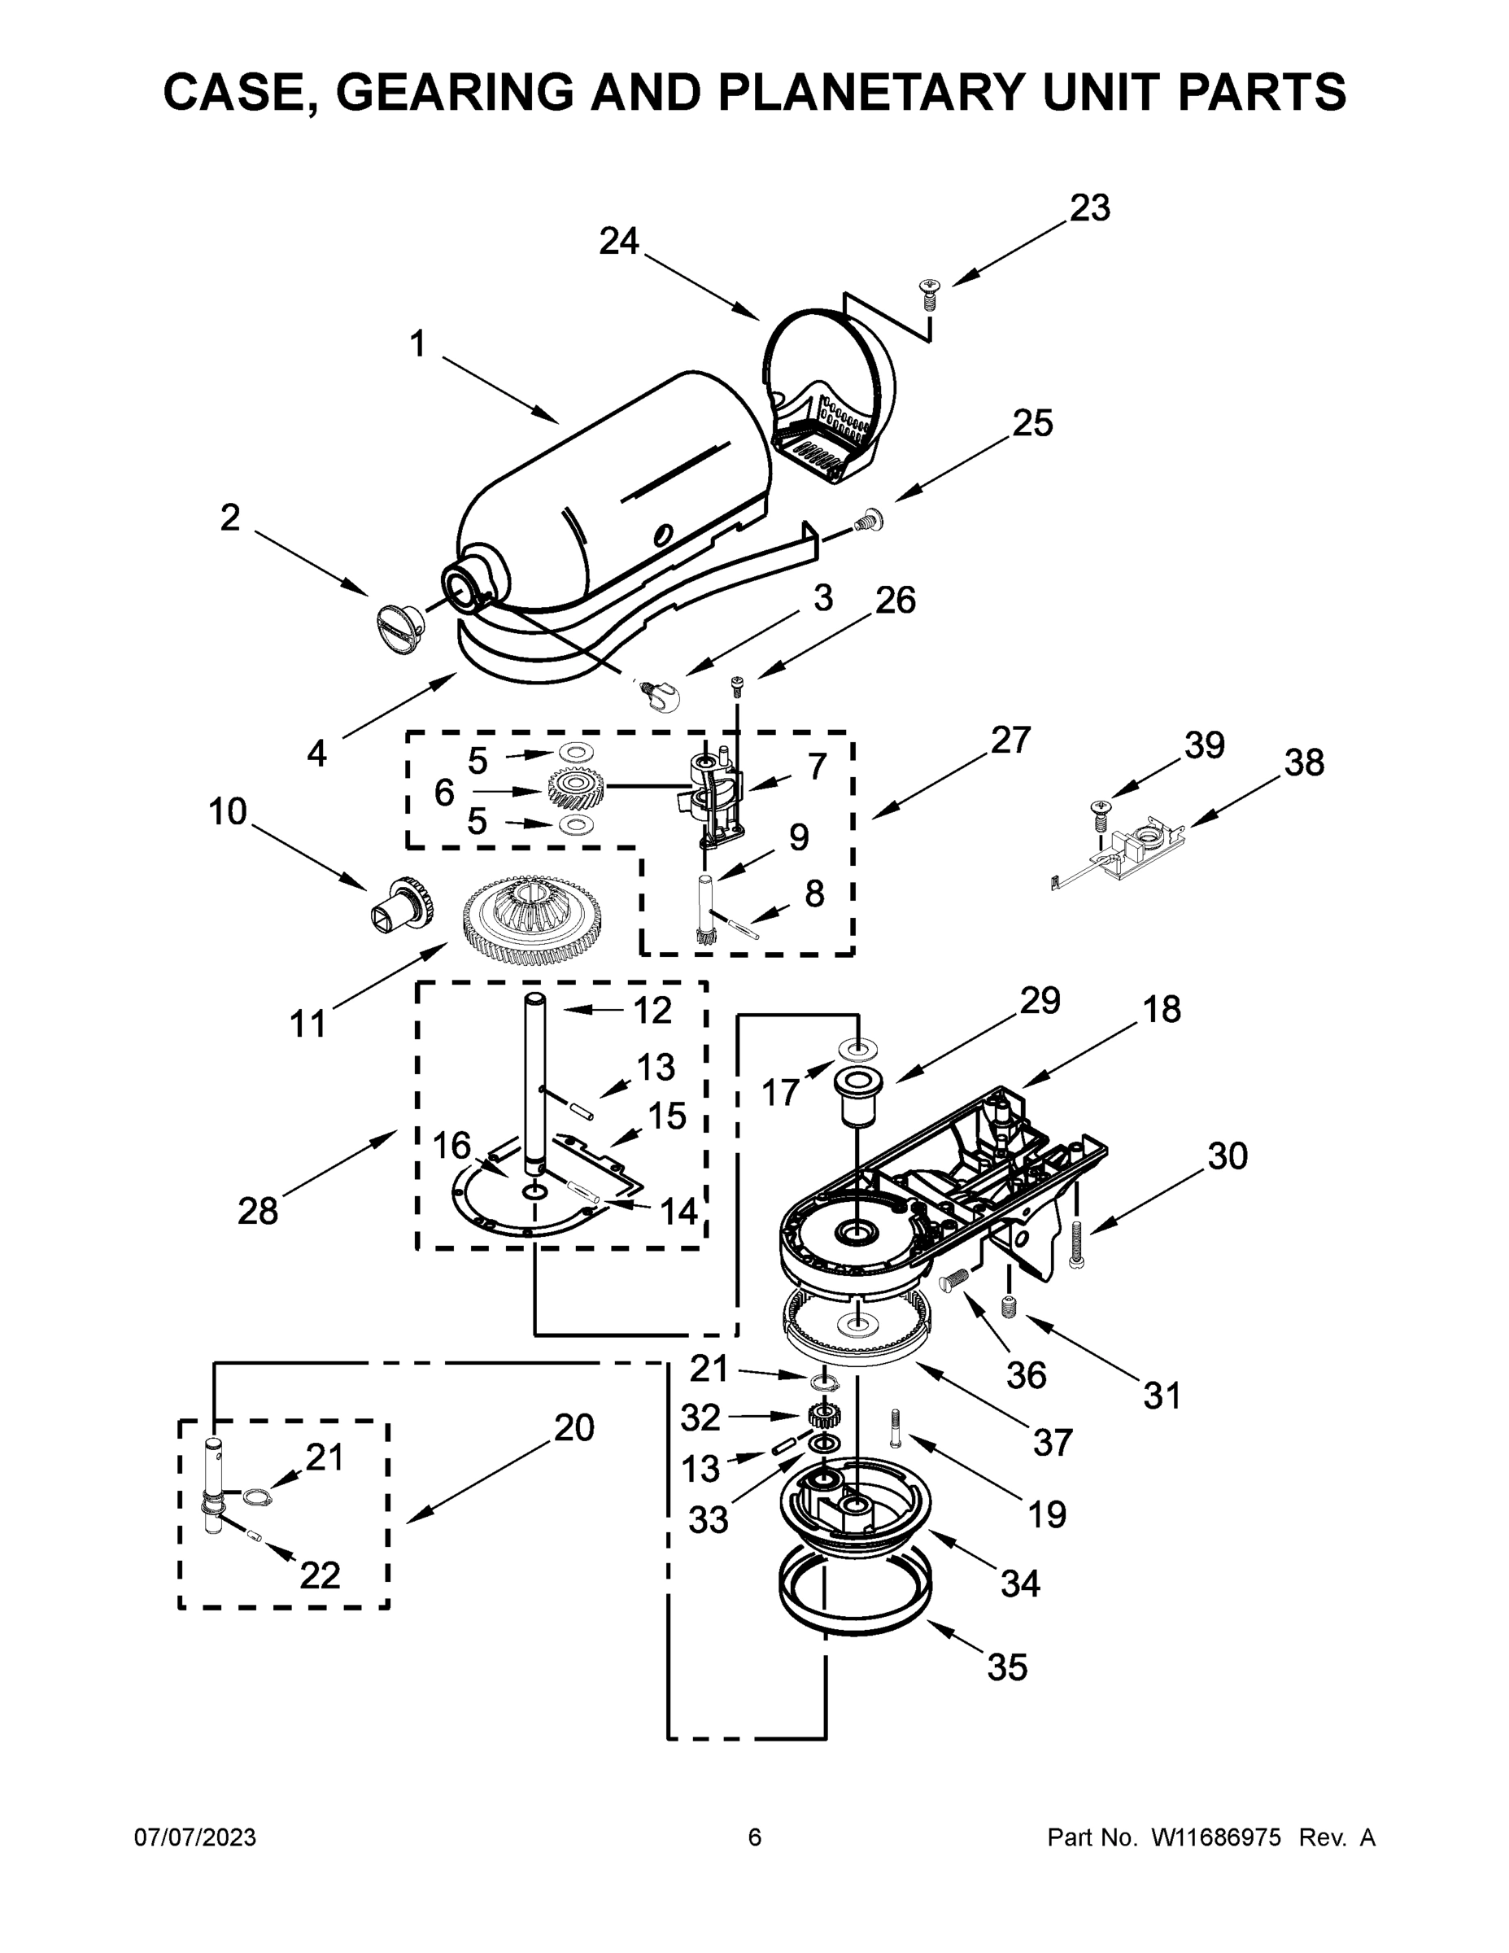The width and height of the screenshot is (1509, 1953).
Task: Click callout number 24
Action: coord(618,242)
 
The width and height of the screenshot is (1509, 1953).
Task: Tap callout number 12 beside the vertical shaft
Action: coord(652,1011)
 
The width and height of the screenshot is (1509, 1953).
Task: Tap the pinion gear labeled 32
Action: coord(820,1417)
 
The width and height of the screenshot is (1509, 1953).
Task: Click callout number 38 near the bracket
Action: coord(1303,762)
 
